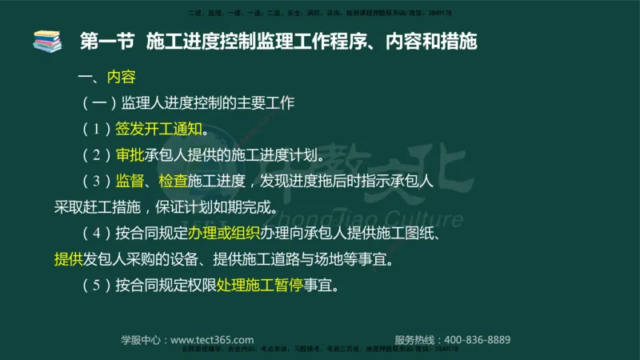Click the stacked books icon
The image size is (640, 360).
pos(47,41)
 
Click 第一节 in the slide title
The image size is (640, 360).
pos(108,42)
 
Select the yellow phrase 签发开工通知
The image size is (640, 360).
pos(158,129)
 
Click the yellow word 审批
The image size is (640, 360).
pos(130,154)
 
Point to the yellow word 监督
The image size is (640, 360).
pos(130,181)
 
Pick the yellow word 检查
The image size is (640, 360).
pos(173,181)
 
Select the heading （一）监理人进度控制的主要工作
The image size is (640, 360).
pos(189,103)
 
